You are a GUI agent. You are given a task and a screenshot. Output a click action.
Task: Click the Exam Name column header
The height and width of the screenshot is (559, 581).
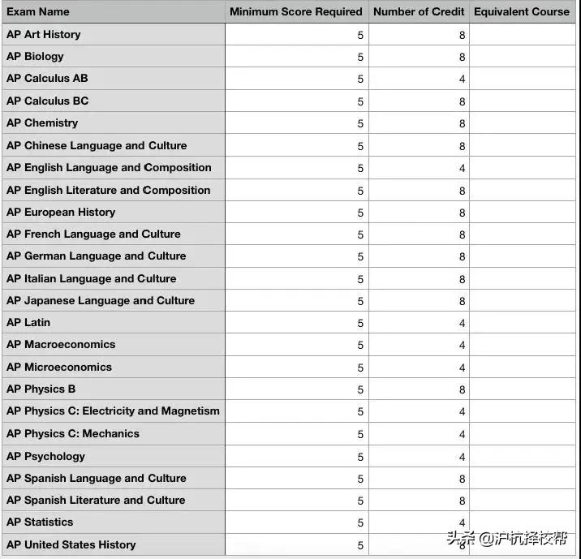[38, 11]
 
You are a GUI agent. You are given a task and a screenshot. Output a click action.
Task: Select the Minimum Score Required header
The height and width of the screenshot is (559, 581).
[296, 11]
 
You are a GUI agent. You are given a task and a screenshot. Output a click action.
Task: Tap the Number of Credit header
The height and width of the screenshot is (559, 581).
[419, 11]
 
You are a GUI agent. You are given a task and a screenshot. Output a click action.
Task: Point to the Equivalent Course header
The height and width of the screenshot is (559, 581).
[522, 11]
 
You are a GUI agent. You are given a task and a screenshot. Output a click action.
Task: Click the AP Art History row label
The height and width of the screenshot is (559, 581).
[44, 34]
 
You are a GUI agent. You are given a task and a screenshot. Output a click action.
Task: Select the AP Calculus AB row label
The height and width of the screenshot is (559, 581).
[47, 79]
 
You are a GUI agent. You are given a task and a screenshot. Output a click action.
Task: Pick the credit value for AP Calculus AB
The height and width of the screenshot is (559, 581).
[462, 80]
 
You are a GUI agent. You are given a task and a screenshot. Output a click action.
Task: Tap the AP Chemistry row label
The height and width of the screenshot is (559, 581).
[42, 123]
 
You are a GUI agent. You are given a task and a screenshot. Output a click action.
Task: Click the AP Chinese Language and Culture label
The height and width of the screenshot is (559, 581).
[97, 146]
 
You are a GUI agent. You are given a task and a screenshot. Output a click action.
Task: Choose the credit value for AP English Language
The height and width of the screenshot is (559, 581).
[462, 169]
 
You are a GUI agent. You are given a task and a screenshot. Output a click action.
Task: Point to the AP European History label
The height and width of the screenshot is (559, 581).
[61, 213]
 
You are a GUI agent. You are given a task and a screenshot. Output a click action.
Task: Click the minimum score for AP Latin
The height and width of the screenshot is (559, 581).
[360, 324]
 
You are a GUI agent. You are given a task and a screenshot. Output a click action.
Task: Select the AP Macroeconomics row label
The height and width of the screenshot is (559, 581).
[61, 345]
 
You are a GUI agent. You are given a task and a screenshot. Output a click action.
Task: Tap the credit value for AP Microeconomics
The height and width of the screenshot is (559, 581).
[462, 368]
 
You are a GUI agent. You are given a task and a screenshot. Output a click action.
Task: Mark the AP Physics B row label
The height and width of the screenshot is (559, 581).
[41, 389]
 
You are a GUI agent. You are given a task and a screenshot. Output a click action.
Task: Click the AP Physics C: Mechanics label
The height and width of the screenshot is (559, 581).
[73, 434]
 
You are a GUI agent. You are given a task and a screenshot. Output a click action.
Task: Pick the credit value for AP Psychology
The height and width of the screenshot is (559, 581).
[462, 457]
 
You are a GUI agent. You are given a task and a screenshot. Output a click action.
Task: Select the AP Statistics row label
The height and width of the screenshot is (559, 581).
[40, 522]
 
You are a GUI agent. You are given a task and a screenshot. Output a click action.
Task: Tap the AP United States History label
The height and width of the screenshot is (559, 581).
[71, 545]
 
